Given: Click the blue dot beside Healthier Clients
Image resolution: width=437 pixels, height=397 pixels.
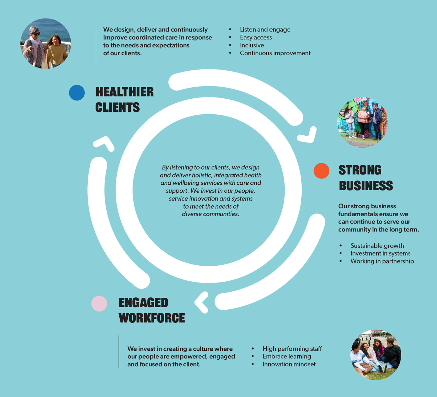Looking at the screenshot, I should point(77,93).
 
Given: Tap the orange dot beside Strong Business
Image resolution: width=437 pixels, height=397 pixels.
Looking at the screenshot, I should point(321,171).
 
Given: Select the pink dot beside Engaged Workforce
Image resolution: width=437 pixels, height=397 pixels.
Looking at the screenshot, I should point(99,304).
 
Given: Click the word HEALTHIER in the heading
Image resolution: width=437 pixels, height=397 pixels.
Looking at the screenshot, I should point(125,92).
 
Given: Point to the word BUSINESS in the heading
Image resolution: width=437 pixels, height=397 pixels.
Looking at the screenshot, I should point(366,186).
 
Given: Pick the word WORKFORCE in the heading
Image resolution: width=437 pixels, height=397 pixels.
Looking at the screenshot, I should point(152,318).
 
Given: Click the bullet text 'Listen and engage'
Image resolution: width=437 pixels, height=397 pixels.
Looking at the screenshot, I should point(265,30).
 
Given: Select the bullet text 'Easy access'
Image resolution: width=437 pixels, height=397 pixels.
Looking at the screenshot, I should point(256,38).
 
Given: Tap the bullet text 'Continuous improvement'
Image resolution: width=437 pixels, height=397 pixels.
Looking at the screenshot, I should point(275,53).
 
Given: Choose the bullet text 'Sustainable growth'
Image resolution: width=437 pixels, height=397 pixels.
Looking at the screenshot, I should point(377,246).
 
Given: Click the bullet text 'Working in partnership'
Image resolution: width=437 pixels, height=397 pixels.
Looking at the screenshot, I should point(382,261).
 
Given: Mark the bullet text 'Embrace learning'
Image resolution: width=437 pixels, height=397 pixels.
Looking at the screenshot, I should point(287,357).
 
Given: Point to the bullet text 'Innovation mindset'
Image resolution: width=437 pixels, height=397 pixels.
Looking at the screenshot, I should point(289,364).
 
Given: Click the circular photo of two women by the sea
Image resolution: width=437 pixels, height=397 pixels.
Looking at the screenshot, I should point(46,43).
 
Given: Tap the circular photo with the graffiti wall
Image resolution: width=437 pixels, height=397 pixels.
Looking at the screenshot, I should point(363,122).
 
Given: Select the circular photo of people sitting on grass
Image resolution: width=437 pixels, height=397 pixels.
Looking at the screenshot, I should point(376,355).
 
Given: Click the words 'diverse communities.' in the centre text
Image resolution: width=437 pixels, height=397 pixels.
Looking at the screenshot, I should point(211,214).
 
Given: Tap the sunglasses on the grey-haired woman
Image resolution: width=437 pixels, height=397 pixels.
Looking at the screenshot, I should point(36,34).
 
